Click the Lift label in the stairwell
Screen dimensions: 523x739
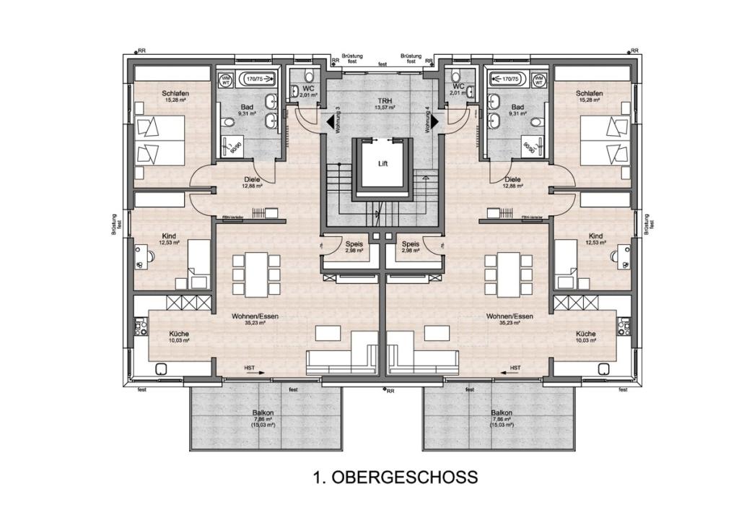coord(382,163)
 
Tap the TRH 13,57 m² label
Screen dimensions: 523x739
coord(382,103)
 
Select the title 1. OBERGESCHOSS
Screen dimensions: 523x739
coord(395,477)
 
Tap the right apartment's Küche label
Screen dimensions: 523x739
coord(585,334)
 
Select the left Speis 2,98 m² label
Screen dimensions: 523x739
coord(354,246)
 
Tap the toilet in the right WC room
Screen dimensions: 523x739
coord(455,77)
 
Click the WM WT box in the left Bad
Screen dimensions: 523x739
coord(226,80)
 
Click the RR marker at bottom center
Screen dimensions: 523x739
coord(387,391)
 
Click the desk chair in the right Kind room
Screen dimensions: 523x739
coord(621,254)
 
